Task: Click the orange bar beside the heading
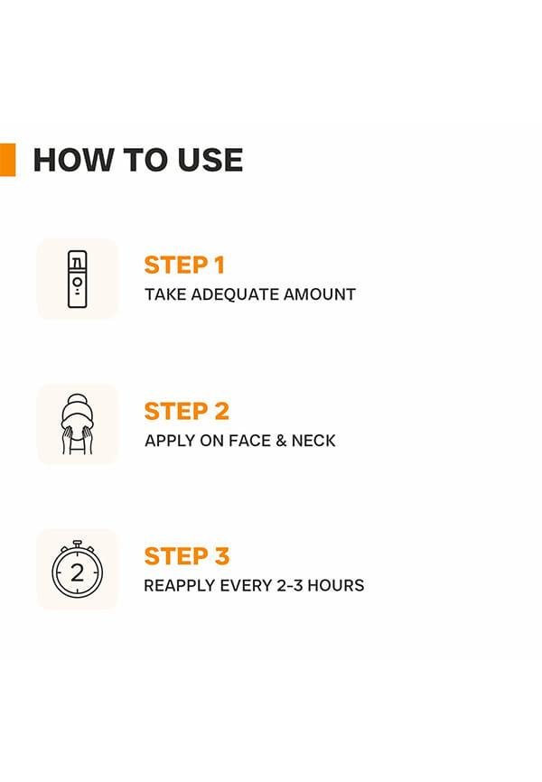click(x=7, y=160)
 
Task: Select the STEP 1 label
click(x=184, y=265)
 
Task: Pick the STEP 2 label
click(x=187, y=412)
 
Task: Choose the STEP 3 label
click(x=187, y=556)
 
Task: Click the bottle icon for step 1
click(x=78, y=279)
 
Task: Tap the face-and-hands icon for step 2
click(x=78, y=424)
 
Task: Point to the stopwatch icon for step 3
click(x=78, y=569)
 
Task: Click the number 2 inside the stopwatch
click(x=78, y=573)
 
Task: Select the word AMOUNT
click(x=320, y=294)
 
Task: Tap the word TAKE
click(x=165, y=294)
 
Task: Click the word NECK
click(x=313, y=441)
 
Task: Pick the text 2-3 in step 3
click(x=290, y=585)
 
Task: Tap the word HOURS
click(x=336, y=585)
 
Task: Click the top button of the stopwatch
click(x=77, y=543)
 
